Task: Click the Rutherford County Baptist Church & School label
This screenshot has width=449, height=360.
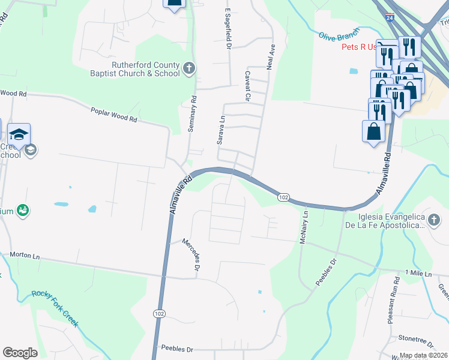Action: tap(146, 69)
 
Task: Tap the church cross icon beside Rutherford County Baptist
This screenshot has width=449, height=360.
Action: tap(189, 68)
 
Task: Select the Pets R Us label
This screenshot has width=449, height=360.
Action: tap(359, 47)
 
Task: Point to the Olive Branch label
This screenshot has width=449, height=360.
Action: tap(338, 37)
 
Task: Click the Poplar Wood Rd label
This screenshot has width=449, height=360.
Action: tap(113, 115)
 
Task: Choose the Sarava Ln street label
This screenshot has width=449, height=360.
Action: tap(221, 130)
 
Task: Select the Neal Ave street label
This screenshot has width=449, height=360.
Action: tap(271, 55)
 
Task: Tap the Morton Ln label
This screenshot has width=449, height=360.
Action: tap(23, 256)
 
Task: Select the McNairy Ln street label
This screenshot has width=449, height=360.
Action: tap(305, 227)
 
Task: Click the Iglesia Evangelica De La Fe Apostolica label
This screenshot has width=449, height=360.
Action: tap(383, 221)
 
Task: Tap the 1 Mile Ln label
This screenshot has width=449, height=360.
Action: tap(418, 273)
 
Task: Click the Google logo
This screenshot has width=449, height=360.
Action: tap(20, 352)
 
